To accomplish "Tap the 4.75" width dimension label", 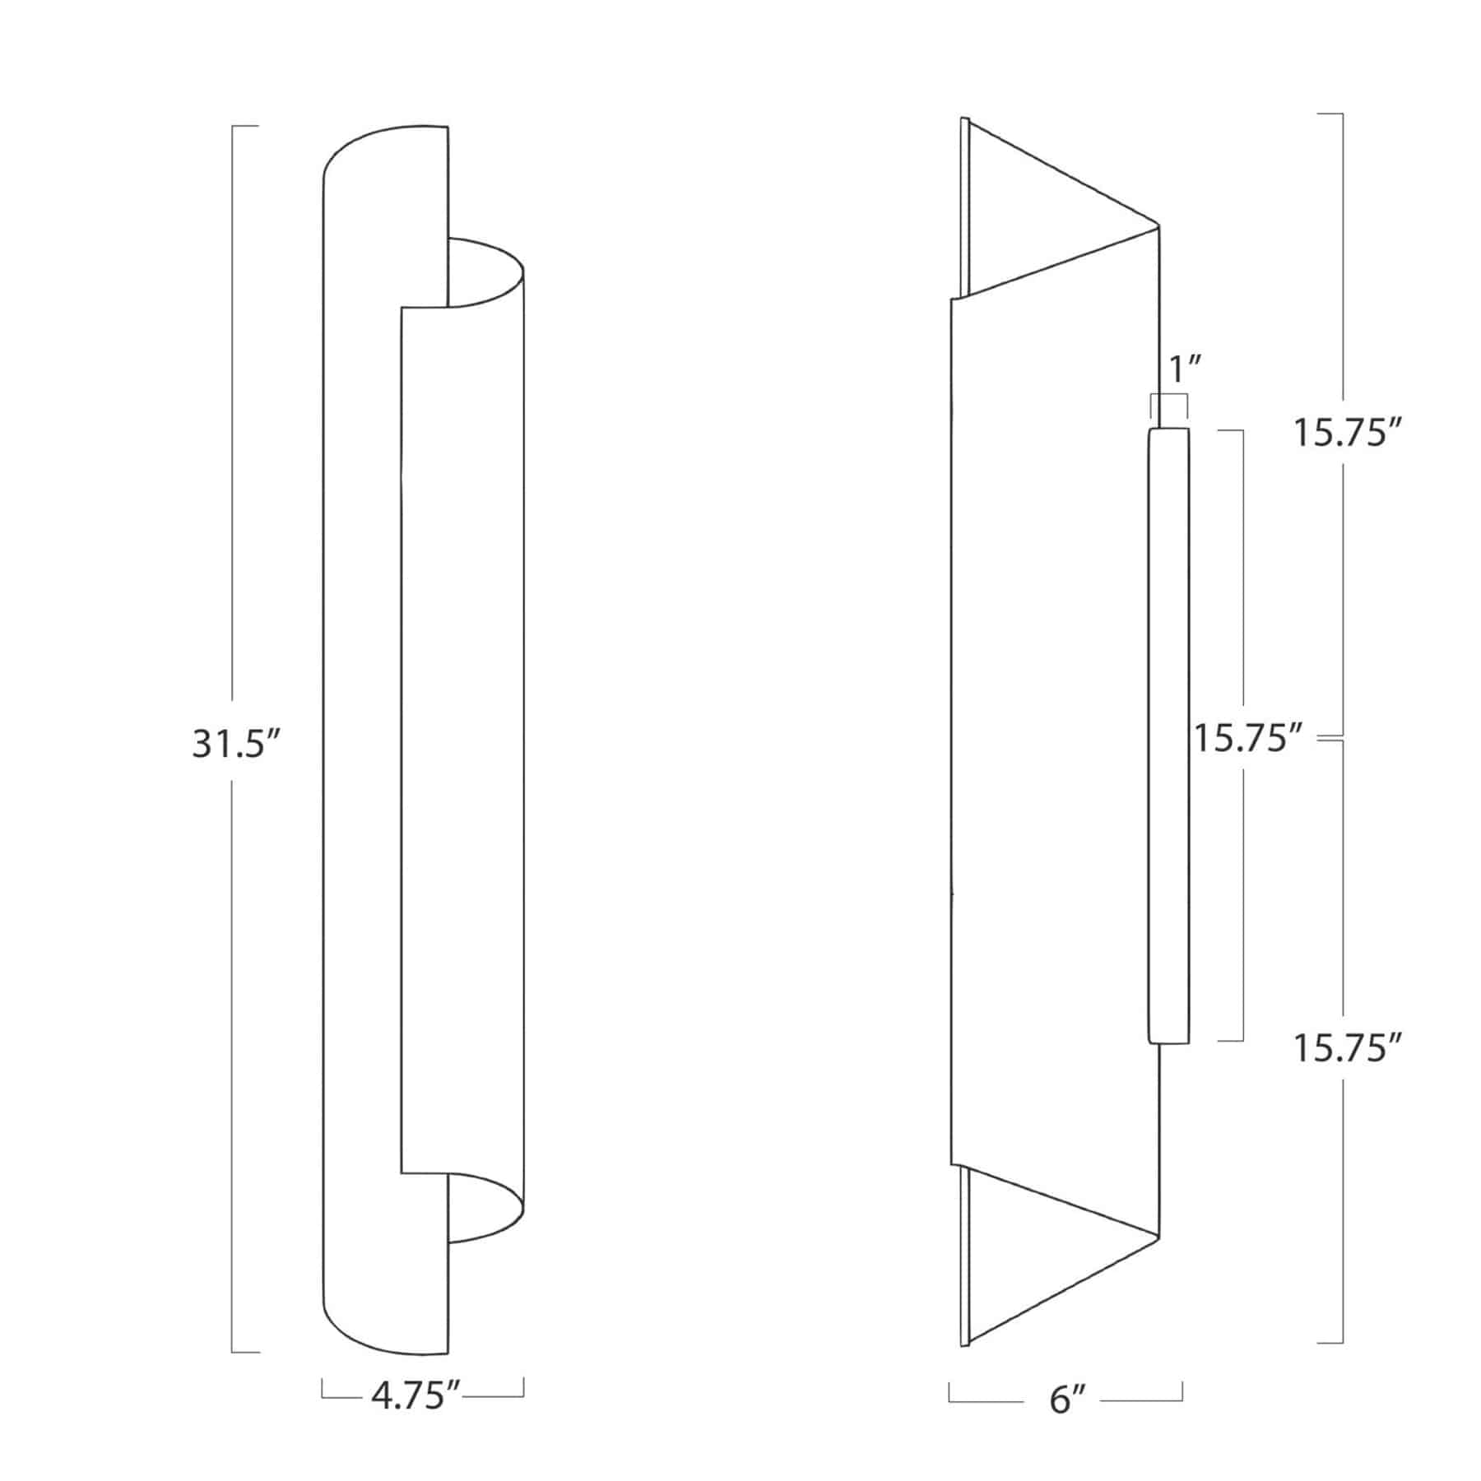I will click(x=414, y=1396).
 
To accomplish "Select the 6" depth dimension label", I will click(x=1067, y=1399).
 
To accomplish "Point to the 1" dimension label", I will click(x=1182, y=369).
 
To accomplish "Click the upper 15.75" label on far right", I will click(x=1347, y=433).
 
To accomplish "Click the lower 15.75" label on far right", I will click(x=1347, y=1048).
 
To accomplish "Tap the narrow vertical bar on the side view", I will click(x=1168, y=736).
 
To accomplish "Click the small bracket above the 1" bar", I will click(x=1168, y=397).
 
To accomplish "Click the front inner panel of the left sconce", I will click(x=461, y=740).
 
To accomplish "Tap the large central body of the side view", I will click(x=1049, y=740).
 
